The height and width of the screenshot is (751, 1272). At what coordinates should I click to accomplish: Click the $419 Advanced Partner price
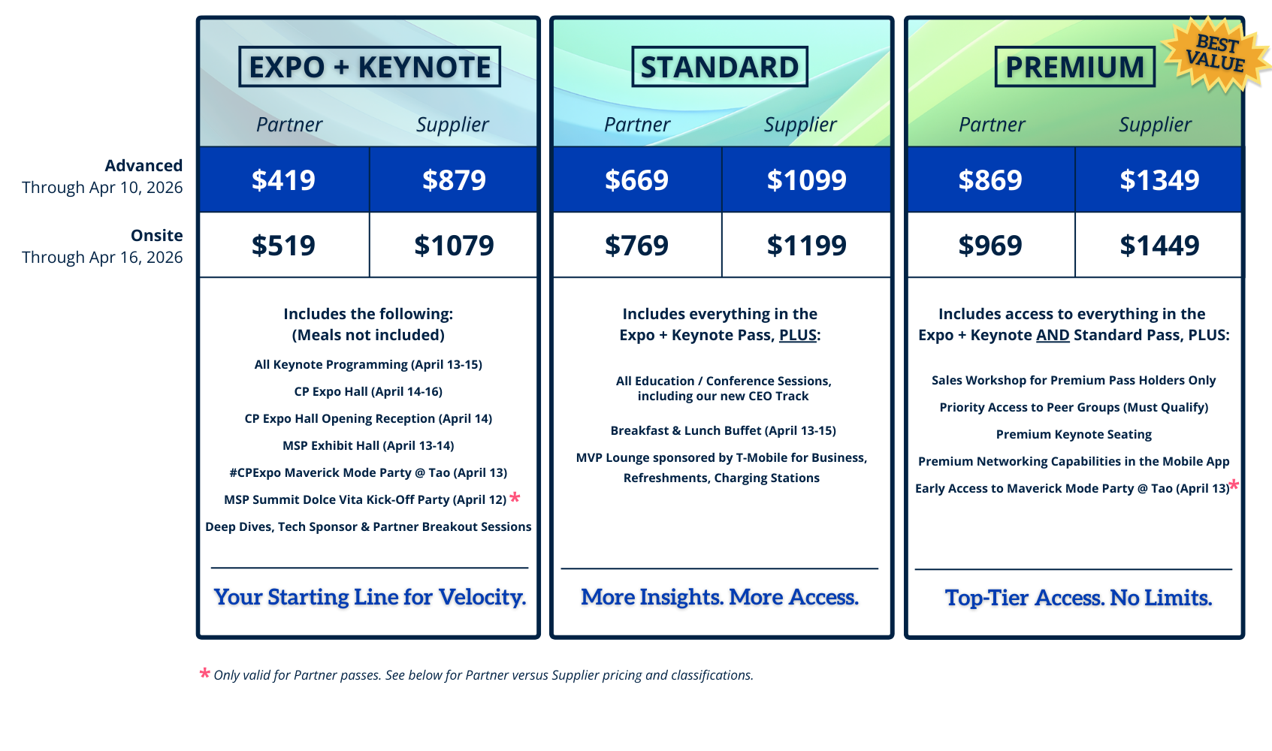click(x=283, y=180)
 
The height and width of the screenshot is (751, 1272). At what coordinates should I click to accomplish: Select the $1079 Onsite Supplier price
click(x=454, y=246)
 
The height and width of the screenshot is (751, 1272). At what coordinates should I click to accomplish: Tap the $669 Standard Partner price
click(x=636, y=180)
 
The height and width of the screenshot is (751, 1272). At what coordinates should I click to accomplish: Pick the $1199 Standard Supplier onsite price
click(x=806, y=246)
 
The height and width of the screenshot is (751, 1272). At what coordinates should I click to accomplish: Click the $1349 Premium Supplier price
click(x=1159, y=180)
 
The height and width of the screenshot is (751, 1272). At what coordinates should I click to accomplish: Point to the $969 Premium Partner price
click(x=990, y=246)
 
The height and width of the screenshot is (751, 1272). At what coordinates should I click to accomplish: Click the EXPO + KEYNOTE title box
click(x=370, y=66)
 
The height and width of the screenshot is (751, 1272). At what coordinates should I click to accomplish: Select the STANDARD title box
click(x=720, y=66)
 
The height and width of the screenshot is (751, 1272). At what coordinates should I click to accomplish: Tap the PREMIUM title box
click(x=1075, y=66)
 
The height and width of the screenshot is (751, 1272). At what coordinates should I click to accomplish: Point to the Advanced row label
click(x=144, y=165)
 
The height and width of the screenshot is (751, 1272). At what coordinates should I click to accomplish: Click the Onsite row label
click(x=157, y=235)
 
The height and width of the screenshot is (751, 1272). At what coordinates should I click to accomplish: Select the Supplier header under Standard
click(x=800, y=125)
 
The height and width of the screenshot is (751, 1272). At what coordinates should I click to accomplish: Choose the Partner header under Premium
click(x=992, y=125)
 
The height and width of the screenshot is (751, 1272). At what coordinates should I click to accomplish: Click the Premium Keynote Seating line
click(x=1074, y=434)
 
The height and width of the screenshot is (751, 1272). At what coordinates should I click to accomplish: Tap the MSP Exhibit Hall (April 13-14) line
click(x=369, y=445)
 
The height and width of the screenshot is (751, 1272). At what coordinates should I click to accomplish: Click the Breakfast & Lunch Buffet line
click(x=723, y=430)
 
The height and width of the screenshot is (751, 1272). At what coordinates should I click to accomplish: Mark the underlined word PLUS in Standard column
click(x=798, y=335)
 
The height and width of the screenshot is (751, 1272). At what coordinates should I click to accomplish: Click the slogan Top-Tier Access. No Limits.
click(x=1078, y=598)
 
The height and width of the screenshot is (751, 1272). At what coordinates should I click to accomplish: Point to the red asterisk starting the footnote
click(x=205, y=673)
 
